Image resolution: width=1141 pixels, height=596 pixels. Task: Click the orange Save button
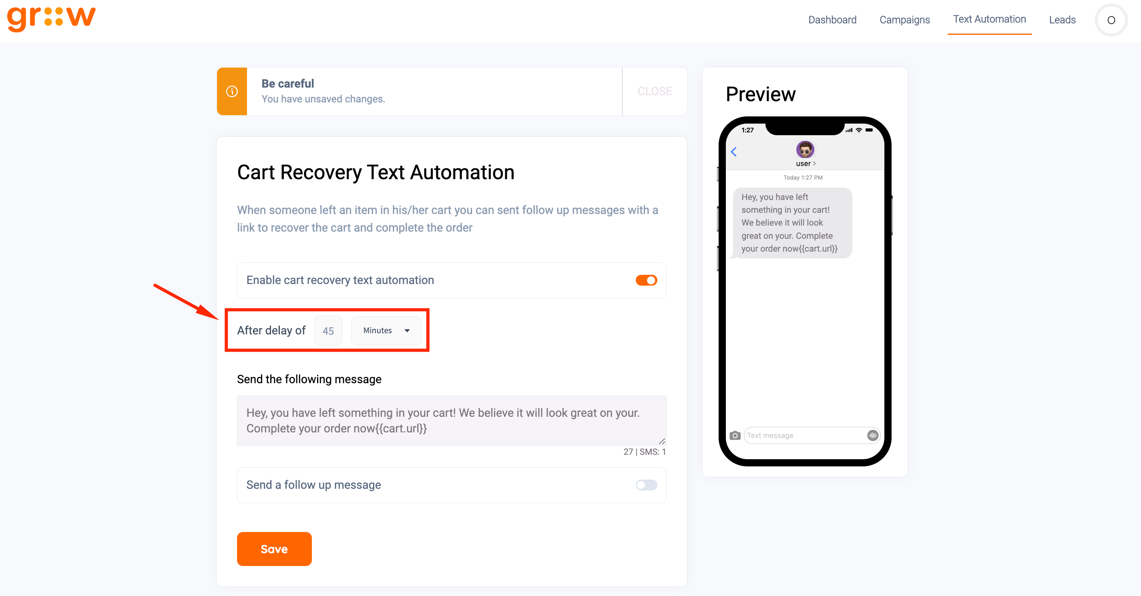coord(274,549)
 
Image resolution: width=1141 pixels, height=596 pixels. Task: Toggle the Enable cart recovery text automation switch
coord(646,280)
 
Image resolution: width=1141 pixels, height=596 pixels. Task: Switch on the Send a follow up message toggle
coord(646,485)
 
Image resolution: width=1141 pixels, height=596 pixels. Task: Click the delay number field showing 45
coord(328,330)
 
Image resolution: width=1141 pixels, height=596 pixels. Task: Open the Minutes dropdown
coord(386,330)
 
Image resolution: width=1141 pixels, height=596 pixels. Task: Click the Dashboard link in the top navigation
coord(832,20)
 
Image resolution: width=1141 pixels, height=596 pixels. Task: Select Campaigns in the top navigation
coord(904,20)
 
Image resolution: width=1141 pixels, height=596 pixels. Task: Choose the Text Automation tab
coord(990,19)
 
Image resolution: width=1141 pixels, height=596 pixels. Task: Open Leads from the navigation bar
coord(1062,20)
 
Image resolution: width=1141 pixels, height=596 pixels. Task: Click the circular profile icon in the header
coord(1111,20)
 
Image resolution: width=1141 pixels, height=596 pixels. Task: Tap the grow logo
coord(51,18)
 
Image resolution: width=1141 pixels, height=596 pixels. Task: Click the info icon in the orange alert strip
coord(232,91)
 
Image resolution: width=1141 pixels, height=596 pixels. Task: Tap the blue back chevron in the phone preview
coord(733,152)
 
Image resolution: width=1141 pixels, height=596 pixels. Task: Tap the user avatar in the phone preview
coord(805,150)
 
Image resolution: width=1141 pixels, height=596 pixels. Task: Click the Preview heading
coord(761,94)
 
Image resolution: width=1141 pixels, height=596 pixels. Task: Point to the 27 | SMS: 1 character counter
coord(645,452)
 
